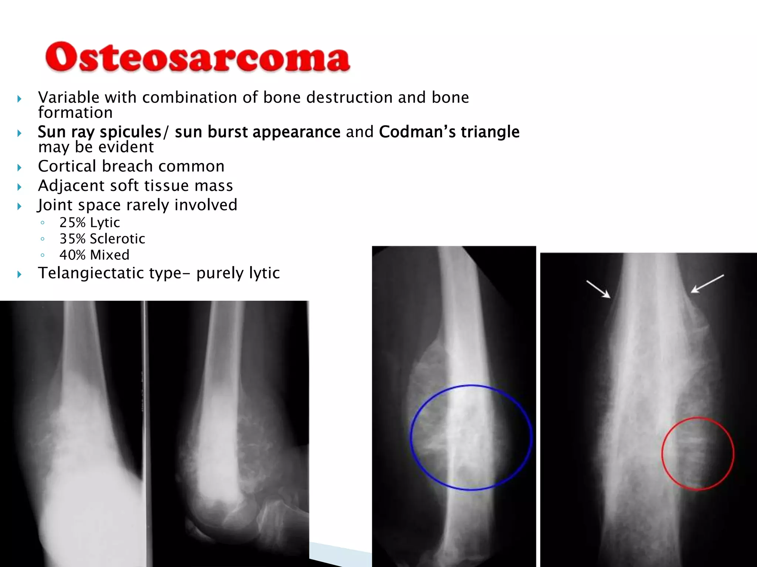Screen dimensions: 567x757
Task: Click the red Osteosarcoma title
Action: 197,57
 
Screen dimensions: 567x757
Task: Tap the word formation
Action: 75,113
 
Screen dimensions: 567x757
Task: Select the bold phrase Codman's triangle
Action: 449,132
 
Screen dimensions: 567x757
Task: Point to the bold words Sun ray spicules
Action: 99,132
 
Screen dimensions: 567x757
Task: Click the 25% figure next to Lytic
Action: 72,223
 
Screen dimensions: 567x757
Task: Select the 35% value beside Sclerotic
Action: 72,239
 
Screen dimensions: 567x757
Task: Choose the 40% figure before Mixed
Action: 72,255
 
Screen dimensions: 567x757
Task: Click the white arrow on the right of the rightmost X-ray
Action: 707,284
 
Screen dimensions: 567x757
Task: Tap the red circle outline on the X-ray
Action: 662,453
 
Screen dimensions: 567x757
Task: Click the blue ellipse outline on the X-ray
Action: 411,437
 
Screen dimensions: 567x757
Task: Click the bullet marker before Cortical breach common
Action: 19,168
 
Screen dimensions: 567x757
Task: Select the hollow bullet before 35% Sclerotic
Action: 43,239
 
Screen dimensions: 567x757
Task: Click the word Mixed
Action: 109,255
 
